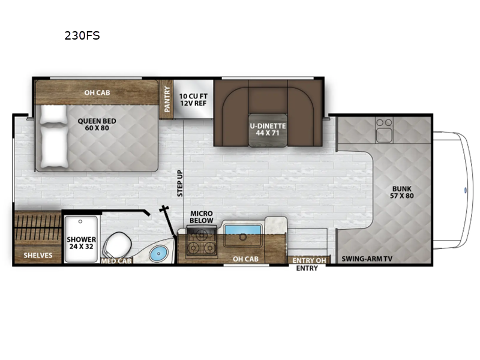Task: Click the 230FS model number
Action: pyautogui.click(x=82, y=36)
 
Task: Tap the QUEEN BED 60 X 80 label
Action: pyautogui.click(x=97, y=124)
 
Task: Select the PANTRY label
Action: pyautogui.click(x=167, y=99)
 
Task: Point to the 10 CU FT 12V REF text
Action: pyautogui.click(x=193, y=100)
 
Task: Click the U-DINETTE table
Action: pyautogui.click(x=268, y=130)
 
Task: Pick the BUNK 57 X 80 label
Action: pyautogui.click(x=401, y=192)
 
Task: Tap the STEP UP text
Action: pyautogui.click(x=180, y=183)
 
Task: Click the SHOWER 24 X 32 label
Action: pyautogui.click(x=82, y=243)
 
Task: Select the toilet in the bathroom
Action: pyautogui.click(x=117, y=245)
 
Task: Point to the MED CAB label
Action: pyautogui.click(x=116, y=261)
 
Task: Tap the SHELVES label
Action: pyautogui.click(x=38, y=256)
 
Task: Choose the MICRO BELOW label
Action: pyautogui.click(x=202, y=217)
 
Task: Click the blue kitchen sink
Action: pyautogui.click(x=243, y=230)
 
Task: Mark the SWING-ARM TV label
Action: pyautogui.click(x=367, y=259)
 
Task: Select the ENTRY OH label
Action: pyautogui.click(x=309, y=260)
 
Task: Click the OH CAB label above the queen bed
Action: pyautogui.click(x=97, y=92)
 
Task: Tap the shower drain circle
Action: pyautogui.click(x=80, y=221)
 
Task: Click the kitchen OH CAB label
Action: pyautogui.click(x=245, y=259)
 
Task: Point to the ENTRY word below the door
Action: pyautogui.click(x=307, y=268)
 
